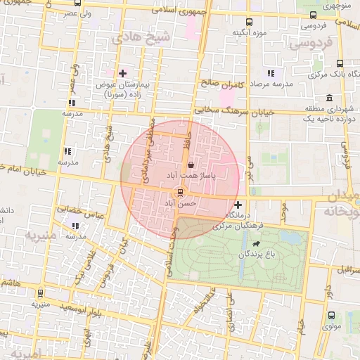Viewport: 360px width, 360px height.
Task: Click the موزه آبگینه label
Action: (250, 33)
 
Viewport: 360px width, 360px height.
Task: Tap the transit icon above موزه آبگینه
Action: (250, 22)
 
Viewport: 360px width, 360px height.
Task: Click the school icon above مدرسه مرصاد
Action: (269, 73)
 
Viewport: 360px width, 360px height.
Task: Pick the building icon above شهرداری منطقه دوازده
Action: (329, 98)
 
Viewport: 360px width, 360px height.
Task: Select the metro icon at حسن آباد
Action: (181, 193)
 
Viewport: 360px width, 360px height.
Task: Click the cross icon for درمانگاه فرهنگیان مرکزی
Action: (238, 205)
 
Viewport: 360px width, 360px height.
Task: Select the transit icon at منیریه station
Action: (40, 294)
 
